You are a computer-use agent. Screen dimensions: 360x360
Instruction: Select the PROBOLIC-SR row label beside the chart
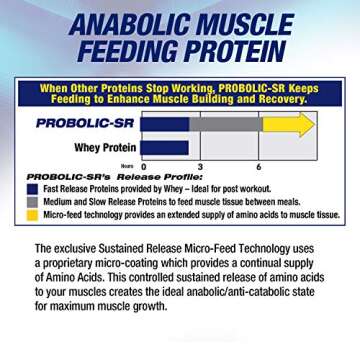[86, 123]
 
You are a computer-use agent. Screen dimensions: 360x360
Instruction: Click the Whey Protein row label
[105, 147]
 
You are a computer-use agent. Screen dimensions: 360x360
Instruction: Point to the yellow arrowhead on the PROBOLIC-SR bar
[301, 124]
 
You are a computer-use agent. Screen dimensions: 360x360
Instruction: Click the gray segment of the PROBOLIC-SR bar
[224, 124]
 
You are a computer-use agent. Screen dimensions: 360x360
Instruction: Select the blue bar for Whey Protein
[165, 147]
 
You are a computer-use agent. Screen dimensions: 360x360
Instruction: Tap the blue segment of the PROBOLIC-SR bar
[165, 124]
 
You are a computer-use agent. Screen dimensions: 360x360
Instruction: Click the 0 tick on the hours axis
[143, 166]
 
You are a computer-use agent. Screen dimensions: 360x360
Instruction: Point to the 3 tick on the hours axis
[200, 166]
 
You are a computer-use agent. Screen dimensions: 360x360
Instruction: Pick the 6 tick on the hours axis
[258, 166]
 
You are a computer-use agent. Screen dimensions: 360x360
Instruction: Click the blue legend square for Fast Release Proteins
[32, 188]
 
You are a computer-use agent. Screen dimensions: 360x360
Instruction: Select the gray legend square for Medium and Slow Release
[32, 201]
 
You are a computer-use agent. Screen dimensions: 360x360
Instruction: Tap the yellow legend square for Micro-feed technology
[32, 214]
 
